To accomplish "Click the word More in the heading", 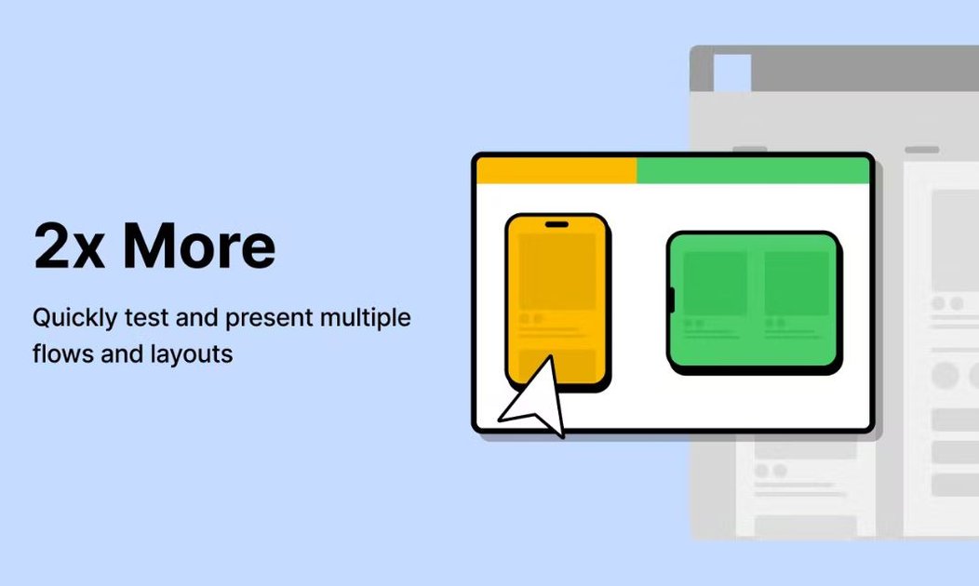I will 199,246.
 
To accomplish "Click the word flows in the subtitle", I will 58,354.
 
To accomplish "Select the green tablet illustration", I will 754,301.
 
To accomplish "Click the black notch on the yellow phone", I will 557,224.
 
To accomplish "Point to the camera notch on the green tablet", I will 670,300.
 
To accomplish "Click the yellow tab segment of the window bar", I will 556,171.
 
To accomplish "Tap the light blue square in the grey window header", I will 732,73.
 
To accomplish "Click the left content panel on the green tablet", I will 715,283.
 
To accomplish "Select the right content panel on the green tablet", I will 797,283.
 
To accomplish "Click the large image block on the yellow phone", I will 557,272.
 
